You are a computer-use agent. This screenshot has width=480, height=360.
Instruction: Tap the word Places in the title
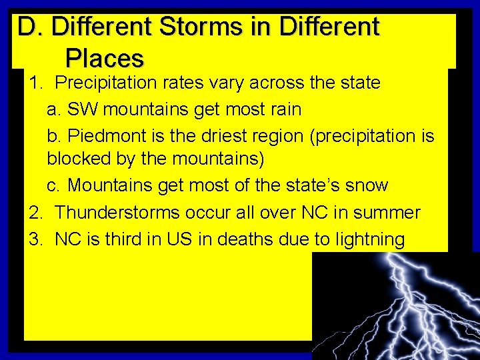click(x=104, y=59)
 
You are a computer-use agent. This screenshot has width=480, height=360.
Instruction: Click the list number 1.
click(x=35, y=83)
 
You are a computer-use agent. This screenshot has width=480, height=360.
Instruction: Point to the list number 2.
click(x=35, y=213)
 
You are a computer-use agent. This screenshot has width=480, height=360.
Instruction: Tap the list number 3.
click(x=35, y=239)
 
